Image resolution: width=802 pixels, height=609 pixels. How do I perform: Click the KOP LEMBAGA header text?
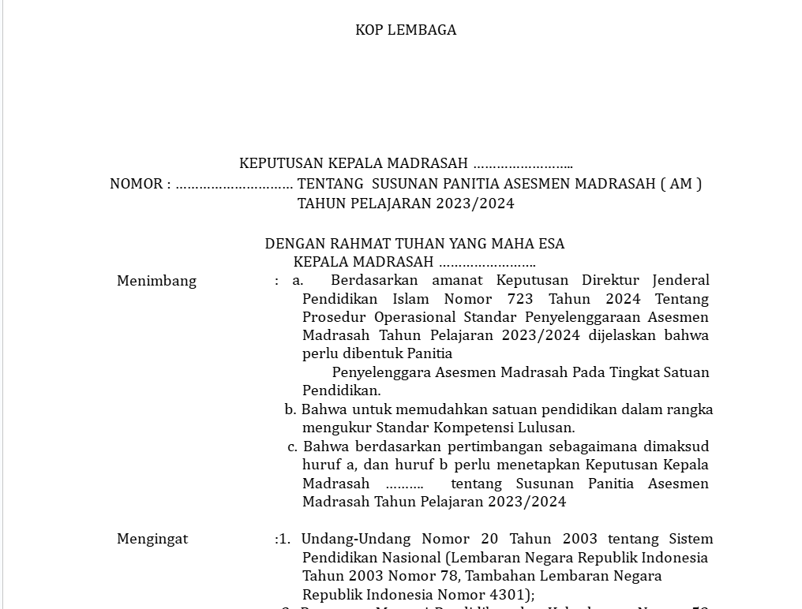click(x=406, y=30)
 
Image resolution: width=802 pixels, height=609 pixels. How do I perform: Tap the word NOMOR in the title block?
click(x=136, y=184)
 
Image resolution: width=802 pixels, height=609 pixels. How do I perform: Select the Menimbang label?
click(x=156, y=281)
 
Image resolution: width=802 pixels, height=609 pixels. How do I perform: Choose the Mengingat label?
click(x=152, y=539)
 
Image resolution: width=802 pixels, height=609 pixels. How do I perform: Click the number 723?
click(x=520, y=299)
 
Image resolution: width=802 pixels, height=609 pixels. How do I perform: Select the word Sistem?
click(x=691, y=539)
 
